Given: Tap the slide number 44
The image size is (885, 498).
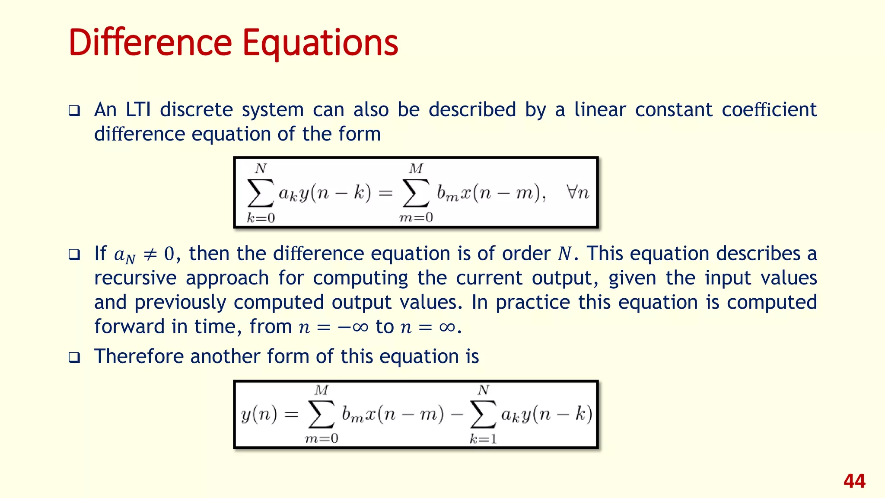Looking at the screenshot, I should pyautogui.click(x=854, y=481).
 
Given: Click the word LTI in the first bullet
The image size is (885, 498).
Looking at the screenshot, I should pyautogui.click(x=138, y=110).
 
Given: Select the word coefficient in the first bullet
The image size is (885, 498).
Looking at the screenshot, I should pyautogui.click(x=769, y=110).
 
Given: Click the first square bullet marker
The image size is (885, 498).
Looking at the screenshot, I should pyautogui.click(x=74, y=111).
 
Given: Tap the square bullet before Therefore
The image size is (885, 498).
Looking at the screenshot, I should pyautogui.click(x=74, y=358).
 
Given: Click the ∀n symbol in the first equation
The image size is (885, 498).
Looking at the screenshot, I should pyautogui.click(x=577, y=192).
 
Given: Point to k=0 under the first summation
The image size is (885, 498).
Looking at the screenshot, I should pyautogui.click(x=261, y=218).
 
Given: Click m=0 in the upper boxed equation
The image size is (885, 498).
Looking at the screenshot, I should pyautogui.click(x=416, y=217).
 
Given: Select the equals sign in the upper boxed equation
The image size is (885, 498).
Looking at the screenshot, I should pyautogui.click(x=385, y=193).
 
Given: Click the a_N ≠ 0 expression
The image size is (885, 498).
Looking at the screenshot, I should pyautogui.click(x=144, y=254).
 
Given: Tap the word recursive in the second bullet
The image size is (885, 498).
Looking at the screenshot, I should pyautogui.click(x=135, y=278).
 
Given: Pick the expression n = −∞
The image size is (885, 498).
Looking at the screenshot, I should pyautogui.click(x=333, y=327).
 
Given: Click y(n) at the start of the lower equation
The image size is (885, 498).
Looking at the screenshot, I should pyautogui.click(x=259, y=415).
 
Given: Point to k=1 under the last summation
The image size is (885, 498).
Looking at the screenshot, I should pyautogui.click(x=483, y=439).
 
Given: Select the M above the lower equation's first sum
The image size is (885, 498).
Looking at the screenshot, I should pyautogui.click(x=322, y=390).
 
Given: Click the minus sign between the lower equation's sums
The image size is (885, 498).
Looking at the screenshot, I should pyautogui.click(x=456, y=415).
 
